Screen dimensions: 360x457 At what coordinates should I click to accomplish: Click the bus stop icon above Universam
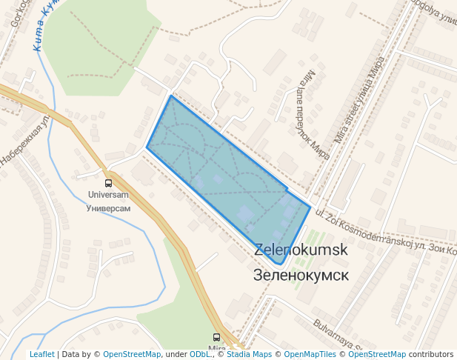pyautogui.click(x=108, y=183)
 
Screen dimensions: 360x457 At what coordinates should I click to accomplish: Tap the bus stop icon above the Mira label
pyautogui.click(x=216, y=337)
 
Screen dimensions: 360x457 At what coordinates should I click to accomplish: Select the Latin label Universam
pyautogui.click(x=108, y=196)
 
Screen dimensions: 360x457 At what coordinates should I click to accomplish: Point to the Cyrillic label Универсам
pyautogui.click(x=108, y=208)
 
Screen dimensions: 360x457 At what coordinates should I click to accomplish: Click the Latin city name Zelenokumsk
pyautogui.click(x=301, y=250)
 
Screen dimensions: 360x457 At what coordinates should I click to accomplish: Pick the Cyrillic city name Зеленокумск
pyautogui.click(x=300, y=275)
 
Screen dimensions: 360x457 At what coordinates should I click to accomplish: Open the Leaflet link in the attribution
pyautogui.click(x=41, y=355)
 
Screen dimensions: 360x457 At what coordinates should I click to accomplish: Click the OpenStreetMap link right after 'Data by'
pyautogui.click(x=132, y=355)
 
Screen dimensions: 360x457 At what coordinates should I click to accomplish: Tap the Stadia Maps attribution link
pyautogui.click(x=248, y=355)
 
